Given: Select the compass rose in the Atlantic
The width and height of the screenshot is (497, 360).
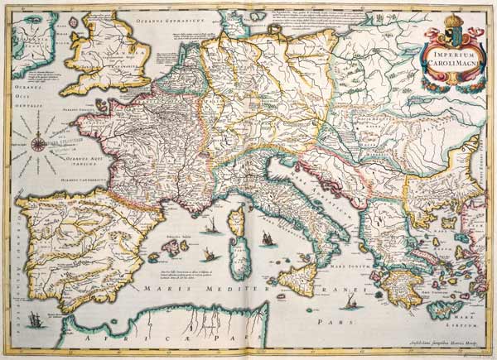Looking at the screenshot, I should coord(39,146).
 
